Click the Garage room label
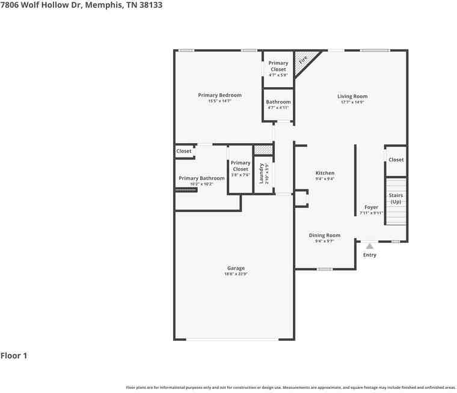(x=236, y=269)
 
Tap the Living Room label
(x=352, y=96)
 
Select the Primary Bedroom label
(x=220, y=95)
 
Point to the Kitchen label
(x=325, y=173)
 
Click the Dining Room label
(x=325, y=236)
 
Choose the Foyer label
(x=371, y=207)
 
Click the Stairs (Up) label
(x=396, y=198)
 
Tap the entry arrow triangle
(x=370, y=245)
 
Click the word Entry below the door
(x=370, y=255)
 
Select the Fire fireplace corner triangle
(x=302, y=59)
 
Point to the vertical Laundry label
(x=262, y=174)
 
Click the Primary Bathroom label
(x=201, y=178)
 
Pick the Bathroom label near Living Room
(x=278, y=102)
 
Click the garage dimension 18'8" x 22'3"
(x=236, y=274)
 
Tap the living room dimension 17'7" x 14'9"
(x=352, y=102)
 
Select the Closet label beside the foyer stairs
(x=396, y=160)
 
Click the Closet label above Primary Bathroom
(x=184, y=151)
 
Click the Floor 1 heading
(x=14, y=356)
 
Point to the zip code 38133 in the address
(x=149, y=5)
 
